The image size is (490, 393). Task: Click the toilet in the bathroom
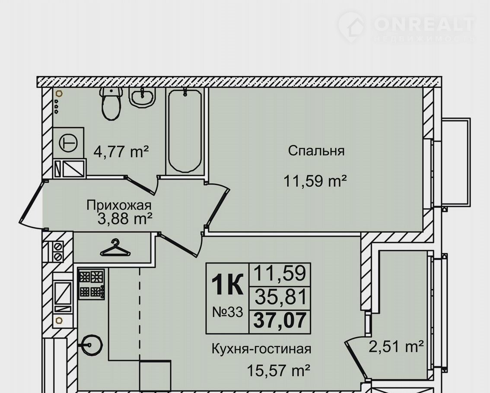pos(111,104)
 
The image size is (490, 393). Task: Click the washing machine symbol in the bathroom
pos(68,143)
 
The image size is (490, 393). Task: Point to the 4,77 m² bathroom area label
pos(121,152)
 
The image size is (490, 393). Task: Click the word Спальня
pos(316,151)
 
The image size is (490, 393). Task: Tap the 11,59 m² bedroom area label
pos(315,181)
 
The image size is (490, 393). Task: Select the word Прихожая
pos(119,206)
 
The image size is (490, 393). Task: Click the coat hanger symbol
pos(115,248)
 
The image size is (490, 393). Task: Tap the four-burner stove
pos(91,284)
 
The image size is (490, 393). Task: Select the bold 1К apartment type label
pos(227,284)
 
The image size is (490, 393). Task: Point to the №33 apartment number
pos(227,312)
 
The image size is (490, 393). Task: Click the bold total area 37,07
pos(280,320)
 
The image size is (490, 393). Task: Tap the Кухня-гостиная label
pos(261,349)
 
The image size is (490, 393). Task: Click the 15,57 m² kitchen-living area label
pos(278,371)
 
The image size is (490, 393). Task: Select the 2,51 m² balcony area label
pos(396,346)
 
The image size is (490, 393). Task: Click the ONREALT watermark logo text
pos(424,24)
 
